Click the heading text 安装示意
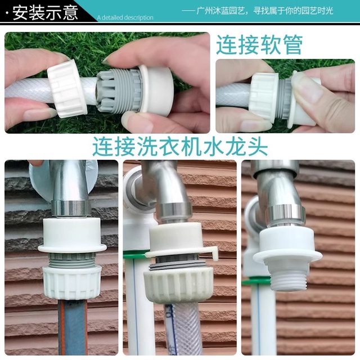click(x=45, y=12)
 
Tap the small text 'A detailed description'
click(x=125, y=17)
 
